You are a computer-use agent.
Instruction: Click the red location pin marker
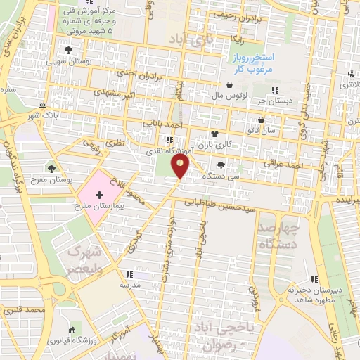181,167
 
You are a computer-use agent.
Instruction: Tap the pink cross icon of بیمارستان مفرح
98,193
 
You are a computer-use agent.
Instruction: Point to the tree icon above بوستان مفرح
51,168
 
